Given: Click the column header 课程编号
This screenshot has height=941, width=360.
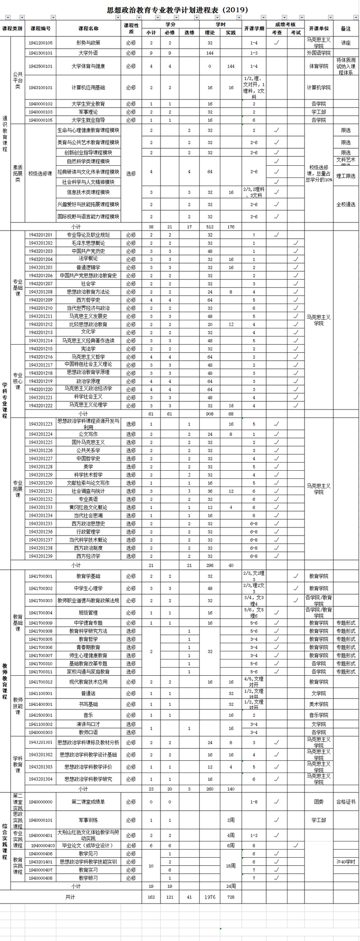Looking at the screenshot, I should (41, 28).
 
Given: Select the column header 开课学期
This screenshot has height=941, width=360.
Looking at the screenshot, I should (254, 28).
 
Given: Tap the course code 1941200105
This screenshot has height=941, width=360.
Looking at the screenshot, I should (41, 43).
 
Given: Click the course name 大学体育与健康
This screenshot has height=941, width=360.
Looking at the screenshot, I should (88, 66).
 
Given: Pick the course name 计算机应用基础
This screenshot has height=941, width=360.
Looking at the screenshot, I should (88, 88).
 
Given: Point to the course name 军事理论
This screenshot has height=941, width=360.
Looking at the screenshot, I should (88, 112).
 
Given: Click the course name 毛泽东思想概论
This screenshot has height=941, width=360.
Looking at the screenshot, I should (88, 243).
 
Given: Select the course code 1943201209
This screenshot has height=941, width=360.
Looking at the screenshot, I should (41, 300).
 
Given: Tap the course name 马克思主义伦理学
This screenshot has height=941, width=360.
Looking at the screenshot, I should (88, 405).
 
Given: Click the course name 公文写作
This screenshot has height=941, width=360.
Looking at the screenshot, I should (88, 434).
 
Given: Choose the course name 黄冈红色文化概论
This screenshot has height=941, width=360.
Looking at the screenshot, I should (88, 507).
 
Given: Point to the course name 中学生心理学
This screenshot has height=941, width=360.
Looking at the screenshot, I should (88, 588).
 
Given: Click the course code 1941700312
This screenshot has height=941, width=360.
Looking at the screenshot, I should (41, 682).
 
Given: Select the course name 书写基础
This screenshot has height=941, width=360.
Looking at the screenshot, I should (88, 704).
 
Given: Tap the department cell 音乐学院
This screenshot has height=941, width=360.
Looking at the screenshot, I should (319, 715).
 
